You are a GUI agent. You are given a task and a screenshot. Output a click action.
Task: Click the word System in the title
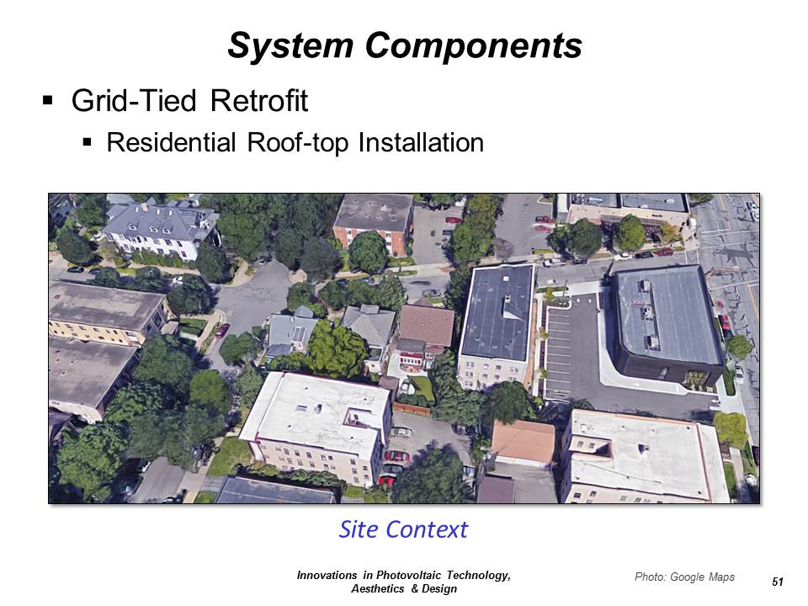pos(290,46)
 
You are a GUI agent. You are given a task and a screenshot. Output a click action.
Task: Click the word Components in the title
pos(474,45)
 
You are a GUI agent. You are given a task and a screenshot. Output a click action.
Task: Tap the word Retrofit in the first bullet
pos(259,100)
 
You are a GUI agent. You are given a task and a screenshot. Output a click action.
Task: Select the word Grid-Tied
pos(134,100)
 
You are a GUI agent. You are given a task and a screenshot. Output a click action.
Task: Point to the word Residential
pos(171,142)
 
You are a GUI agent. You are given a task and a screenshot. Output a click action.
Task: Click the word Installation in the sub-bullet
pos(421,142)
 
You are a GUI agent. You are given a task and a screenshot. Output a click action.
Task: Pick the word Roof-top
pos(297,143)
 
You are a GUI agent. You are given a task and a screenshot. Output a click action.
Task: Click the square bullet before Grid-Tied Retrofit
pos(48,99)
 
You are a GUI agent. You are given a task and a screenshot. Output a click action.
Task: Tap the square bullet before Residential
pos(87,141)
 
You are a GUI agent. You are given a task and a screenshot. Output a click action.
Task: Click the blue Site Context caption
pos(403,529)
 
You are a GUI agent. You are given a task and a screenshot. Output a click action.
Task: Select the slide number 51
pos(778,582)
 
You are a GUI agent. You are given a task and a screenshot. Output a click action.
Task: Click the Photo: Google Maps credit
pos(684,577)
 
